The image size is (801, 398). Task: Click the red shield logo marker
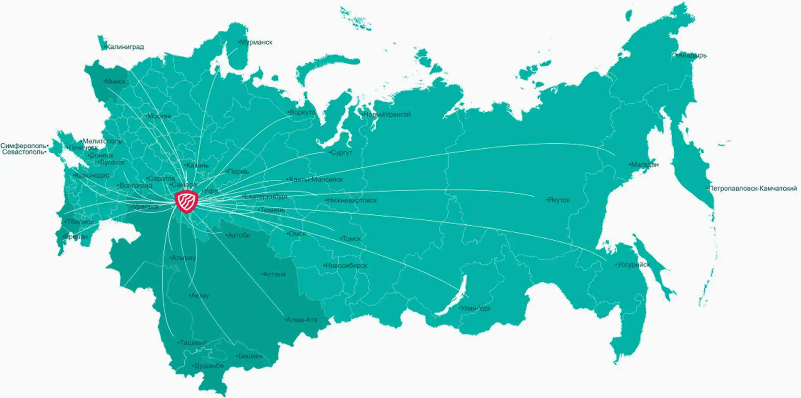coord(187,201)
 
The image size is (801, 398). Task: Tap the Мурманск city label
coord(256,42)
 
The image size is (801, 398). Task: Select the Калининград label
coord(125,47)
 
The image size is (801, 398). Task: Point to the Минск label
coord(115,82)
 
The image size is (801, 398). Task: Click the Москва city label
coord(159,116)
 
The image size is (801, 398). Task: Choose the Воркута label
coord(302,113)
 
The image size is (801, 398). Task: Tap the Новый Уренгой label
coord(386,115)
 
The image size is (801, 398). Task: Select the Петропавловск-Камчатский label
coord(752,189)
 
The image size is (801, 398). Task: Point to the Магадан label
coord(644,165)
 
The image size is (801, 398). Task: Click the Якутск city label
coord(558,200)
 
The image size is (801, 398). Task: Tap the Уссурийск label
coord(633,265)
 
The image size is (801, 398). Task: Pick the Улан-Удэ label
coord(475,309)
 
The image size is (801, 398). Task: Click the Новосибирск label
coord(346,266)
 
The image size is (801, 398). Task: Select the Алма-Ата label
coord(301,320)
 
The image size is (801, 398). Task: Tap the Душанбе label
coord(208,366)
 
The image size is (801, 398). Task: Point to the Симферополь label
coord(24,146)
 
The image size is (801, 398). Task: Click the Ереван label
coord(76,237)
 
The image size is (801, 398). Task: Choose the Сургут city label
coord(341,153)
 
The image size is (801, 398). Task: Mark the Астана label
coord(274,274)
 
